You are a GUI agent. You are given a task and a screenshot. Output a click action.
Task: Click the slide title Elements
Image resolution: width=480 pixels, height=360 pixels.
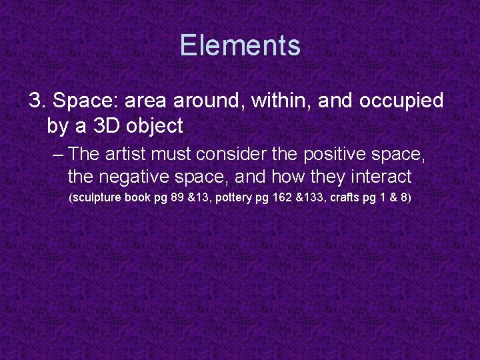point(240,45)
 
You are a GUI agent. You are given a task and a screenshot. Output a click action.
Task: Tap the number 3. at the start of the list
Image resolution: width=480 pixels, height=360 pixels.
point(37,101)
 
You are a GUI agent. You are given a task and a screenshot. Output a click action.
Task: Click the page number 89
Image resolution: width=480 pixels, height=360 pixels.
point(177,199)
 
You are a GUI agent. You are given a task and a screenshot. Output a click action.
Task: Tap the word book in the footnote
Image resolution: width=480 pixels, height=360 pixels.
point(138,199)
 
